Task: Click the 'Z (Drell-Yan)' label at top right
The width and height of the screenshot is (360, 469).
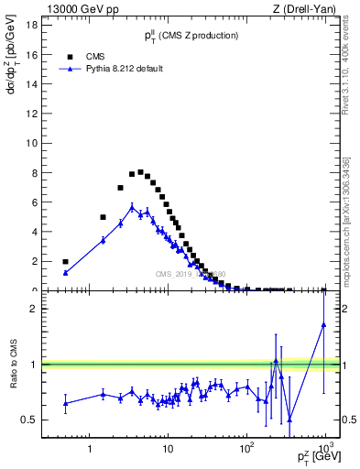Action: point(308,9)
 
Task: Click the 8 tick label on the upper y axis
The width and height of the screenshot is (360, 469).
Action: point(34,172)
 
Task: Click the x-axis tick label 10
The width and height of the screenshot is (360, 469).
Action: point(168,451)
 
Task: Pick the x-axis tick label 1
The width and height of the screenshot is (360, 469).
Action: point(90,451)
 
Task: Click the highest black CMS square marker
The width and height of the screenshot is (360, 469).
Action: point(140,172)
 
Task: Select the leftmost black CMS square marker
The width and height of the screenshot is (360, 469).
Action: point(65,261)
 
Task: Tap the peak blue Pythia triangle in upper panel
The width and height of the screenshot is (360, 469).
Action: point(132,207)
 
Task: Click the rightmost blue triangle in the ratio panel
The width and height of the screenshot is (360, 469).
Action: point(324,324)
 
